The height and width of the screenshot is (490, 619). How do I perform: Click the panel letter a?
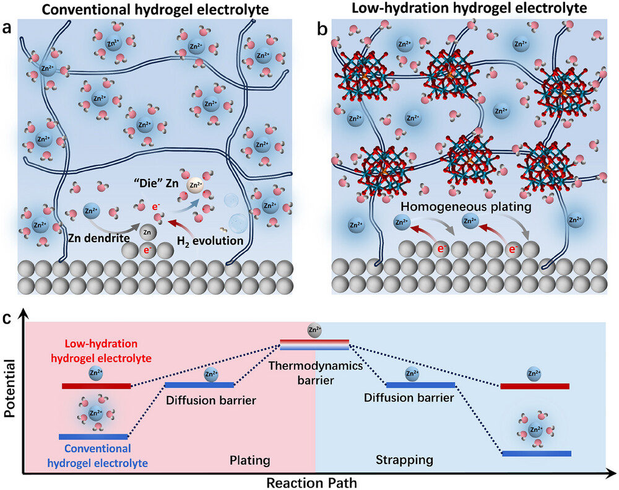8,30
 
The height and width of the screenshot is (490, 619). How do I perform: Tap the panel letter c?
8,321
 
